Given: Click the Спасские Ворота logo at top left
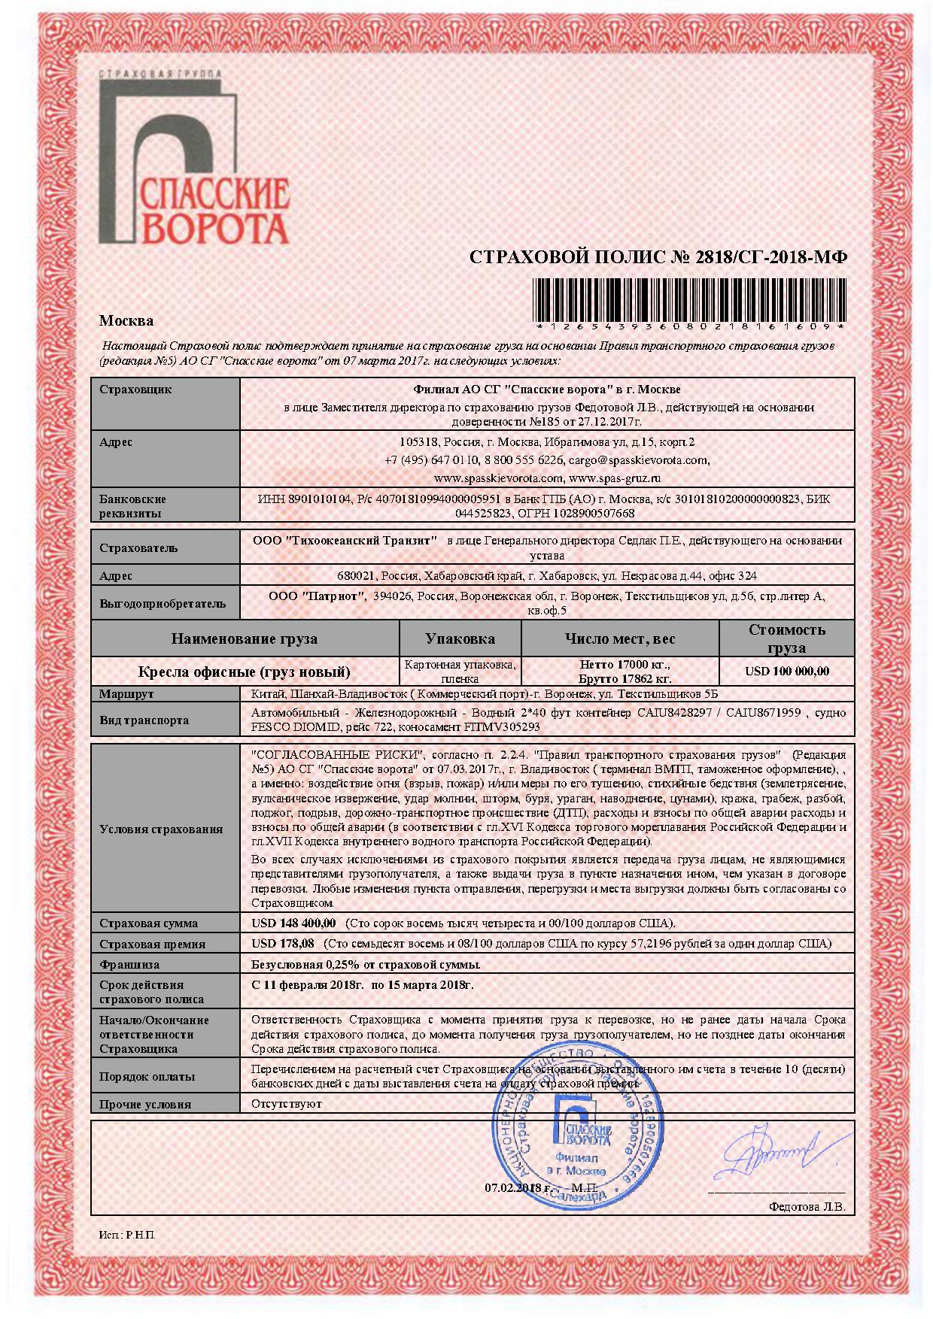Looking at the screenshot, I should point(193,159).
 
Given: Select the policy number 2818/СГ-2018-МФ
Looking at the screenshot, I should point(772,257).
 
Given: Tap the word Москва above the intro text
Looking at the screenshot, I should point(126,321).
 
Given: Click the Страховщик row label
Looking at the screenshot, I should point(135,390).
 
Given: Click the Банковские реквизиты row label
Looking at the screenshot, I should point(133,506).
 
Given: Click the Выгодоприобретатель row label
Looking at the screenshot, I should point(163,603).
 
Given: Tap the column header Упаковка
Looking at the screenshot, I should point(460,638).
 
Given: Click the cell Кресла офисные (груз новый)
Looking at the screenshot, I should point(245,672).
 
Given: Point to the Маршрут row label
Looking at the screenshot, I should point(126,693).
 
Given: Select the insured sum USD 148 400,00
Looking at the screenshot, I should point(294,923).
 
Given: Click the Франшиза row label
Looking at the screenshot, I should point(129,964).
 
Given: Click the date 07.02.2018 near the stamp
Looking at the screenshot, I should point(517,1187).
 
